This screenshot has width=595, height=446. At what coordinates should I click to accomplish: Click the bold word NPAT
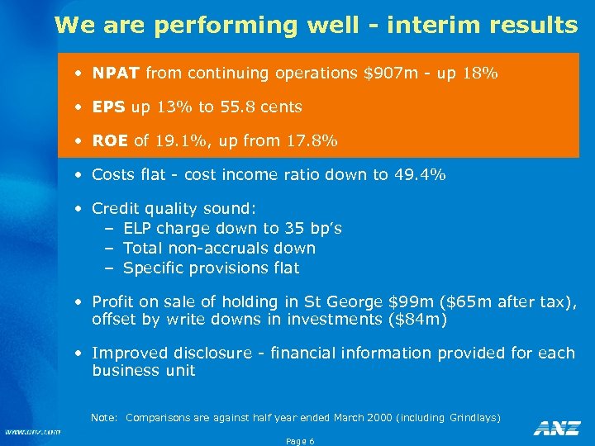click(117, 73)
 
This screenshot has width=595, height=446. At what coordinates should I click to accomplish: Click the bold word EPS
click(109, 107)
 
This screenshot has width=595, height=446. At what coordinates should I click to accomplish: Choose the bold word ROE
click(110, 140)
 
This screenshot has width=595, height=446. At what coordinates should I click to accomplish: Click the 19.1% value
click(179, 140)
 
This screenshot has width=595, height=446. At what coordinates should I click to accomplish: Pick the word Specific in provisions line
click(154, 268)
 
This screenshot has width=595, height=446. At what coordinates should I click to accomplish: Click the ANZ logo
click(556, 427)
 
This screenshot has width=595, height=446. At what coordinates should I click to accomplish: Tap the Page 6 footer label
click(299, 441)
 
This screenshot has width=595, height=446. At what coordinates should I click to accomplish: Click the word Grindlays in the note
click(474, 418)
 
